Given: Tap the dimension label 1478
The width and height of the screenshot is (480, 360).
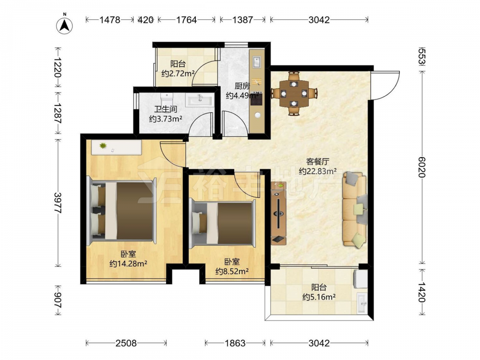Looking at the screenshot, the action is point(110,20).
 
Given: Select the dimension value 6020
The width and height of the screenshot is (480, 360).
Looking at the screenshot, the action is point(422,167).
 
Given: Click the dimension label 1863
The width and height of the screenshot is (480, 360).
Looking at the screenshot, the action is point(235,343).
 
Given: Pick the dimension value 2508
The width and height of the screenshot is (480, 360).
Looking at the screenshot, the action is point(126,343).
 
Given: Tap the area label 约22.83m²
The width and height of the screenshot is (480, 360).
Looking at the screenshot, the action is point(318,171).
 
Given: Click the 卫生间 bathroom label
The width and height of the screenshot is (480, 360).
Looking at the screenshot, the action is point(165,109).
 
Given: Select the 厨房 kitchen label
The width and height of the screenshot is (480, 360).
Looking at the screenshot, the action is point(242,86).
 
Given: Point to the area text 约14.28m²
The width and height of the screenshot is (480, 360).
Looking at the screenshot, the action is point(129,263).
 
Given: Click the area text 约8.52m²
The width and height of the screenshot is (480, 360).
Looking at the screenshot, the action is point(232,271).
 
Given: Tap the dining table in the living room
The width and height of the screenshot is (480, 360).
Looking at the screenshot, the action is point(294,93).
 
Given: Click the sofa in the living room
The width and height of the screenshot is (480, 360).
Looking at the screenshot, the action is point(355,209).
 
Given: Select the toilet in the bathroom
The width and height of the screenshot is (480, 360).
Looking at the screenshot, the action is point(167,100).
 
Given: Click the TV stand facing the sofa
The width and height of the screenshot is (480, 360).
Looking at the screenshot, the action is point(278,213).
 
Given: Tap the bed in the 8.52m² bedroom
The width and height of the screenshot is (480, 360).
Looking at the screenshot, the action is point(222,224).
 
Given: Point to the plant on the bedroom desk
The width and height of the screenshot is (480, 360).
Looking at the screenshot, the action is point(103,146).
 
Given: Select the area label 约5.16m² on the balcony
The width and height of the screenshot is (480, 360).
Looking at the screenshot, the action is point(319,297).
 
